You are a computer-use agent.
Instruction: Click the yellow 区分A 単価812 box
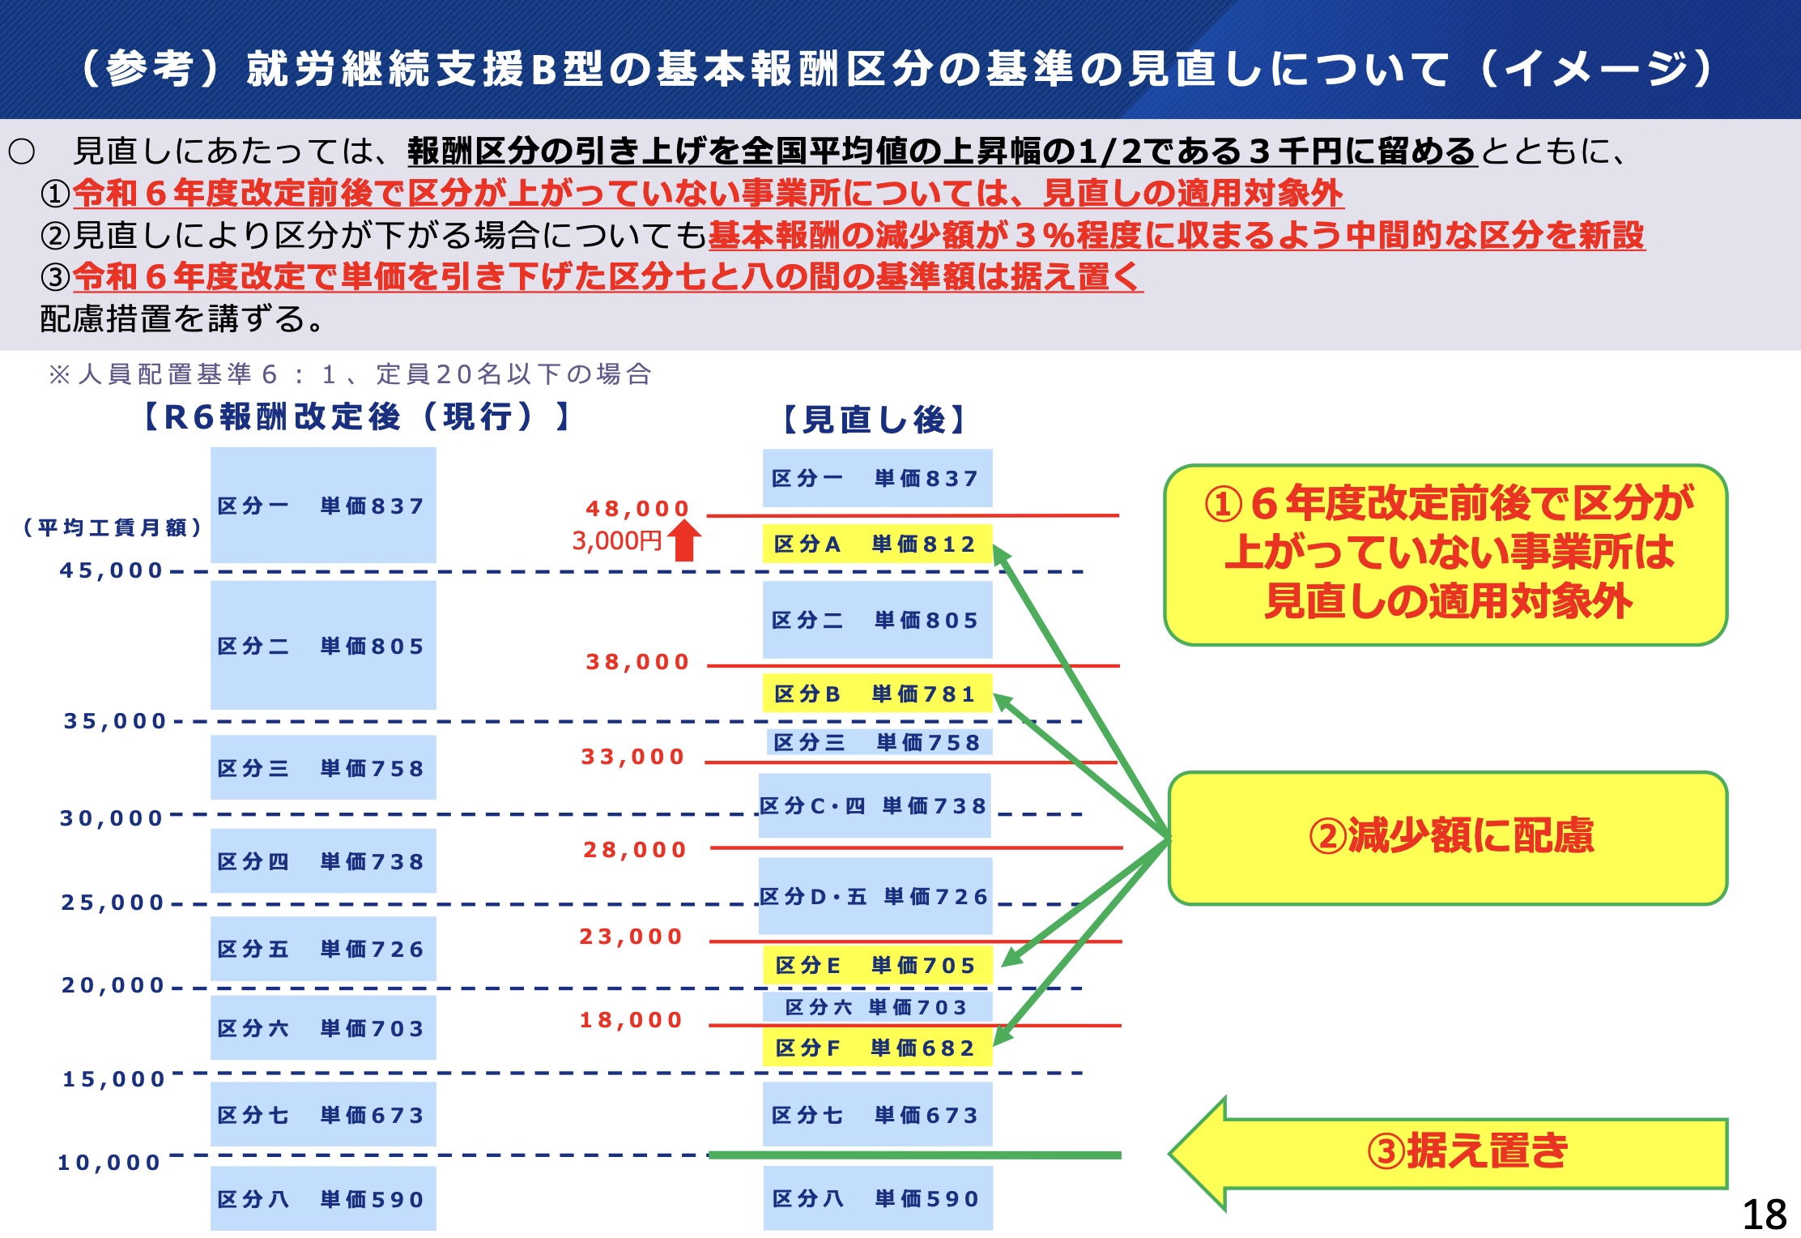[877, 544]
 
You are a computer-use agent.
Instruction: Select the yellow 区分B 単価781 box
[877, 694]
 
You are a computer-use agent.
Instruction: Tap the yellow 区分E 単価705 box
[877, 965]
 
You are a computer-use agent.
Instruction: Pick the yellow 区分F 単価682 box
[877, 1048]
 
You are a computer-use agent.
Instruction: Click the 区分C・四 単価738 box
[875, 805]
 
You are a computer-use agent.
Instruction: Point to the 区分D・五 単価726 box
[875, 896]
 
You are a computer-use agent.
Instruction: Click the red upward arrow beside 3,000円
[684, 540]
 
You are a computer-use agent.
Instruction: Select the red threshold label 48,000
[637, 508]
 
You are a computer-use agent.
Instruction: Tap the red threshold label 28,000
[635, 849]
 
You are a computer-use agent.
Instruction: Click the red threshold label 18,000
[632, 1019]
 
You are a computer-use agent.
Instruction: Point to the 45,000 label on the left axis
[112, 570]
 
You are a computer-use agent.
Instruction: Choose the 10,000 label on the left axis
[109, 1163]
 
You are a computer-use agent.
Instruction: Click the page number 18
[1764, 1215]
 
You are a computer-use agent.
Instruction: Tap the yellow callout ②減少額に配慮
[1448, 837]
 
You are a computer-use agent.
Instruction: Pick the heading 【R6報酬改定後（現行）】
[356, 416]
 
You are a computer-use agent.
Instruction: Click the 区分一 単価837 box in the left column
[323, 506]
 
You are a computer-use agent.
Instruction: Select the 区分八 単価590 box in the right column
[877, 1198]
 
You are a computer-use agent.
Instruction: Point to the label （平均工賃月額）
[113, 528]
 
